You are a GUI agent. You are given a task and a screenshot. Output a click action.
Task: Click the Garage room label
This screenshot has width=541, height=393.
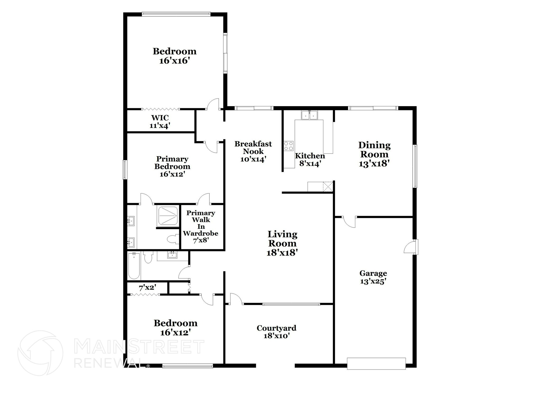coord(373,273)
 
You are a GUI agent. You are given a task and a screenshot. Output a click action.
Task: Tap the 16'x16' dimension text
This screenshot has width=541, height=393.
coord(175,61)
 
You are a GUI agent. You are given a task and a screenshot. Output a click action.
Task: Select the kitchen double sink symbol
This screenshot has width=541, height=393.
coord(309,115)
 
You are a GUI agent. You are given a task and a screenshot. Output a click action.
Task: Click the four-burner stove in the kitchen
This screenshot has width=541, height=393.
coord(288,146)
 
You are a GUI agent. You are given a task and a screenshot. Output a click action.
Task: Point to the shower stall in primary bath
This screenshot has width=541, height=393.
coord(168,216)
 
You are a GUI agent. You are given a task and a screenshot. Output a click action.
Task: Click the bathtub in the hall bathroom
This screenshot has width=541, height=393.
coord(134,266)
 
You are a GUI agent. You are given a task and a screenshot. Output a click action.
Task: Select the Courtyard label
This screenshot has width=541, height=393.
coord(276,328)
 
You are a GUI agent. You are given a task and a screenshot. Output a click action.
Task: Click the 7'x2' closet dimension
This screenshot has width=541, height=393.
coord(147,288)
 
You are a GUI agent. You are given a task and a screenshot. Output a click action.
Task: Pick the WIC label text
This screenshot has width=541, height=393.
coord(160,118)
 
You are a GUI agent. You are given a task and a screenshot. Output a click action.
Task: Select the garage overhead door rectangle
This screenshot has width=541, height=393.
coord(376,363)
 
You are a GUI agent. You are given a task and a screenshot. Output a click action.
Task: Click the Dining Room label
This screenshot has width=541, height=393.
coord(374,150)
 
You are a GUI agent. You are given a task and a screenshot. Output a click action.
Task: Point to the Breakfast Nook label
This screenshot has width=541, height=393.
coord(253,148)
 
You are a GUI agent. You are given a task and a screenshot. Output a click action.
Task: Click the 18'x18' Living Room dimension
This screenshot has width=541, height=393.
coord(282,253)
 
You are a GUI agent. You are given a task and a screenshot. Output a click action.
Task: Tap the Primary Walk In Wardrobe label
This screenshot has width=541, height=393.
coord(201,223)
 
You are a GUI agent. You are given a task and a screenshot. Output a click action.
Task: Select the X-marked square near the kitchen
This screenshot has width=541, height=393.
coord(328,187)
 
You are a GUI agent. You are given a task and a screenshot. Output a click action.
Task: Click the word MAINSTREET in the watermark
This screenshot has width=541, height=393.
coord(139,347)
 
